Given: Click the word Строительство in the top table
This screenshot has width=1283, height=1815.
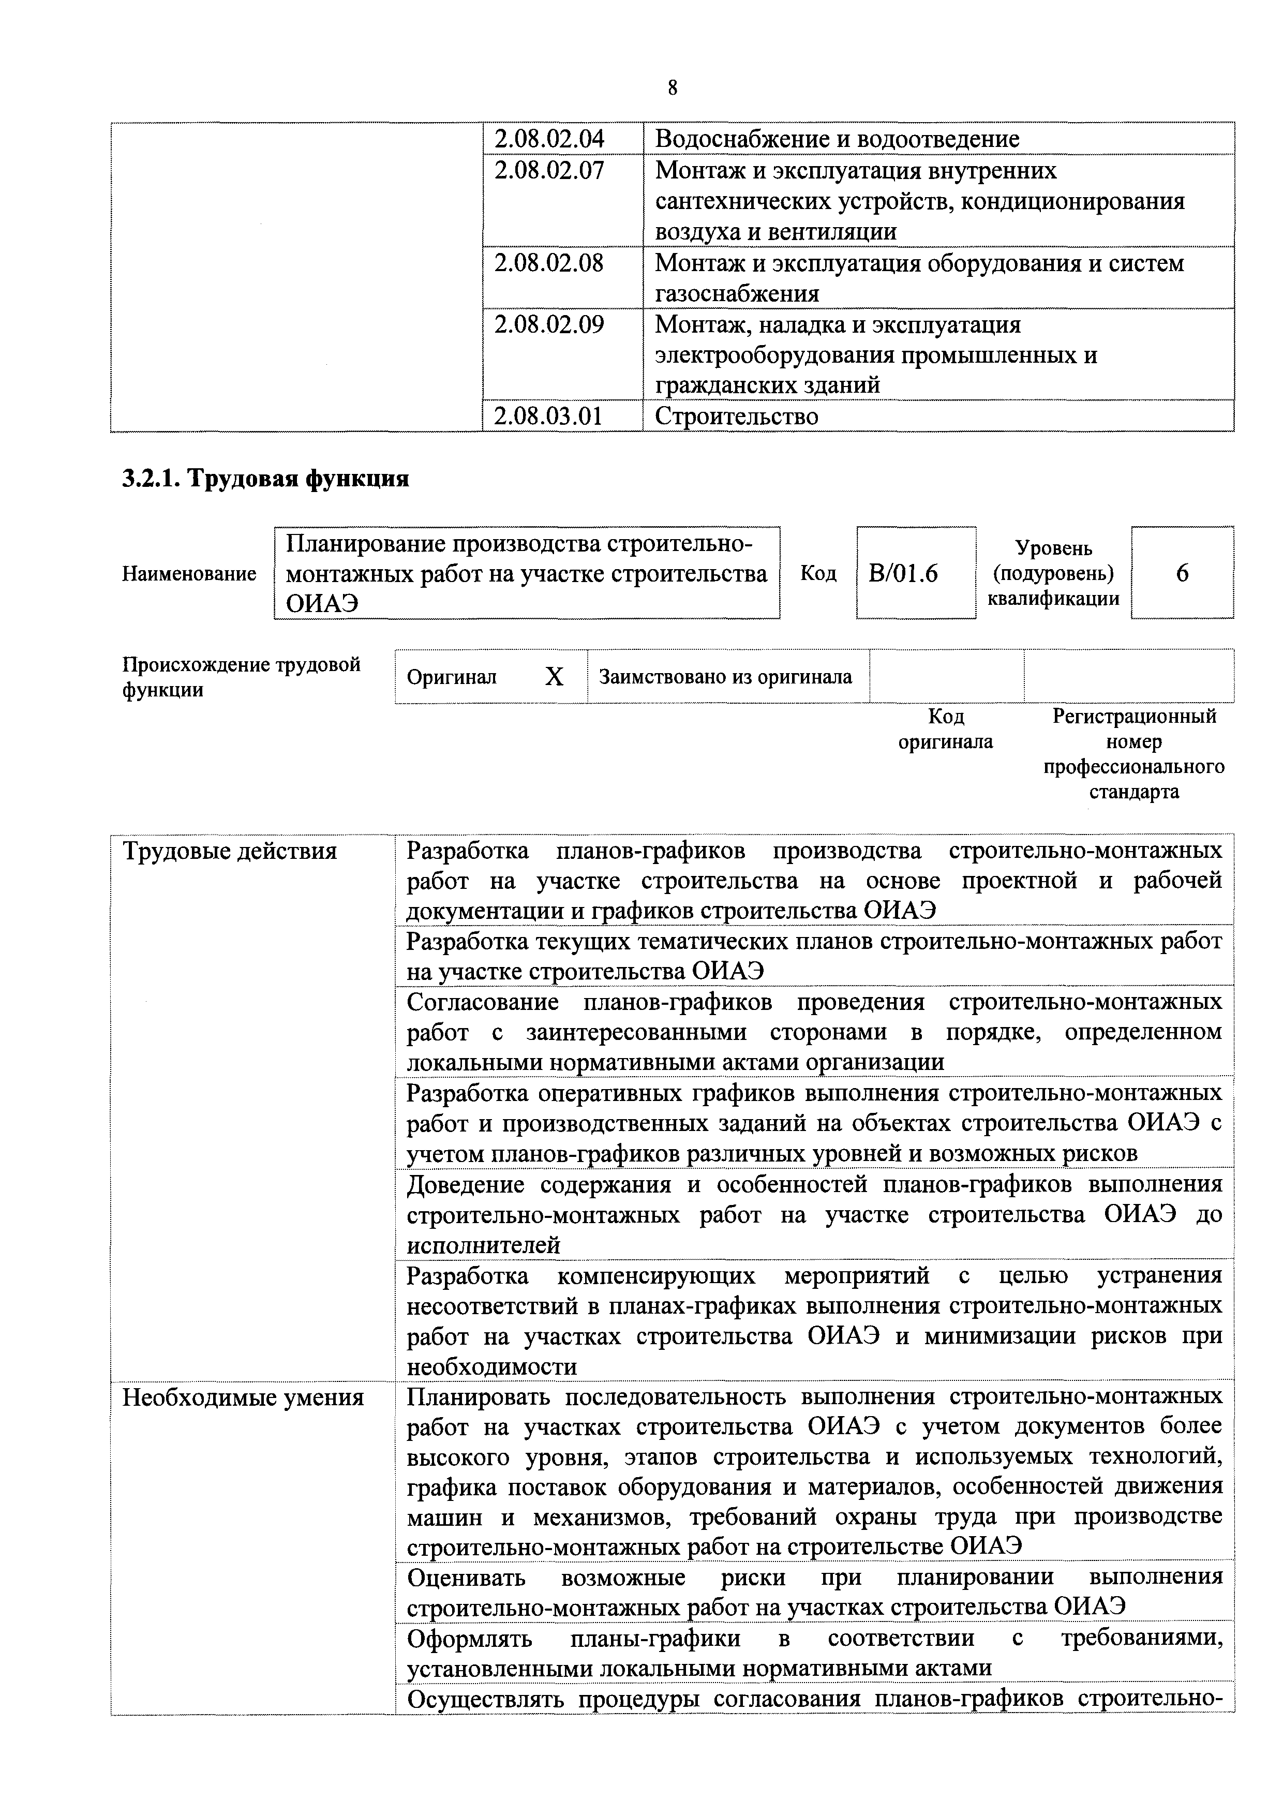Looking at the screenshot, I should [736, 416].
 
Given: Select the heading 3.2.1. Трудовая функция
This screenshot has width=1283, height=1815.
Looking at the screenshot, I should [265, 479].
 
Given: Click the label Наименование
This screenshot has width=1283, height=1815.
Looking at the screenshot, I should [189, 574].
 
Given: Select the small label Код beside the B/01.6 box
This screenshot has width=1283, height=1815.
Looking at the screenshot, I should [818, 573].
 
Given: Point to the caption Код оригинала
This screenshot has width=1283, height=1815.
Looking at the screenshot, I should [946, 729].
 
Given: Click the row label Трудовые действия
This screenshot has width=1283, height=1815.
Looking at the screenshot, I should [229, 852].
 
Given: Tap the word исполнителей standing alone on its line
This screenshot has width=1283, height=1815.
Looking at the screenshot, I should [483, 1246].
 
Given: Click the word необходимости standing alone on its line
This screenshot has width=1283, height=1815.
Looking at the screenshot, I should [491, 1367].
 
